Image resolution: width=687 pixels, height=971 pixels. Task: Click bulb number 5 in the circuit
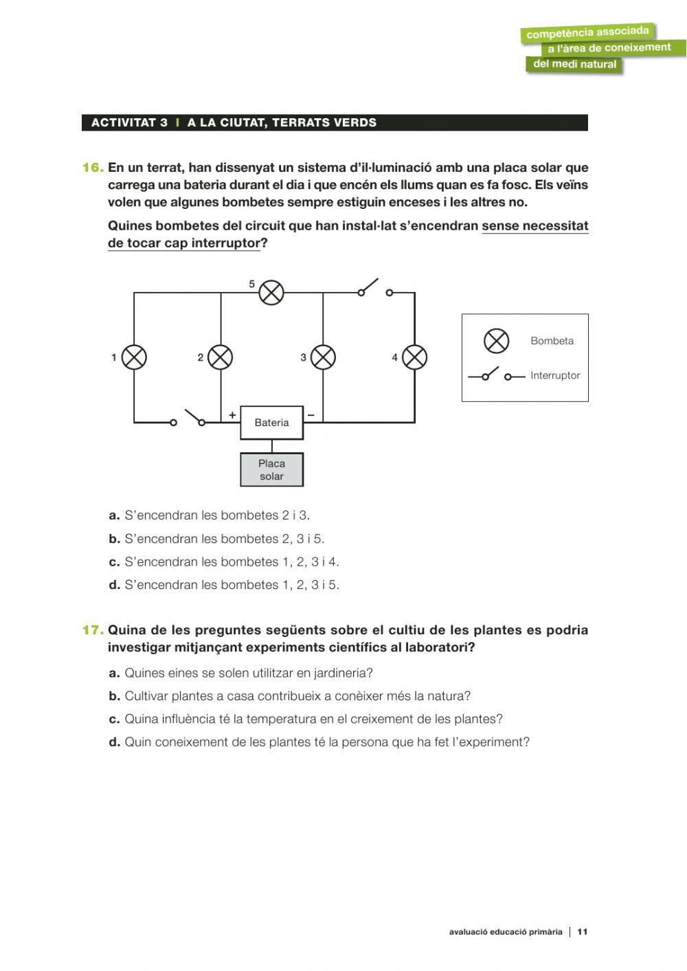271,293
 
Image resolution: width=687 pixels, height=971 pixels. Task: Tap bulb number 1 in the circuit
134,357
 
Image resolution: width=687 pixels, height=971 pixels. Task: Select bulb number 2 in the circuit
221,357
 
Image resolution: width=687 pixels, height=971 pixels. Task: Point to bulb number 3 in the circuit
323,357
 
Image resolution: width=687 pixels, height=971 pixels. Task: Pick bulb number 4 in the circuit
414,357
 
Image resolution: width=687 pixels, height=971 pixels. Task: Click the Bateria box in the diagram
271,423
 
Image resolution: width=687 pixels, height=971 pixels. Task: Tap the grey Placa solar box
271,470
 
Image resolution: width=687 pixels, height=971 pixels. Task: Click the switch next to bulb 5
375,289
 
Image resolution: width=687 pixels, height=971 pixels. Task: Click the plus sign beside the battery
232,415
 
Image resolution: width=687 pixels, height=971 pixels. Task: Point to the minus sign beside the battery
311,415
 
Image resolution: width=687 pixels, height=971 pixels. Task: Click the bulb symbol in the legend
496,341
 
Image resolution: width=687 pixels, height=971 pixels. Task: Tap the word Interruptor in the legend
555,376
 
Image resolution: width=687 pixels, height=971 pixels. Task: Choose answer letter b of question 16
114,539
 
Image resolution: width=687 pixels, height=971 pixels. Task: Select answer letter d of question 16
114,585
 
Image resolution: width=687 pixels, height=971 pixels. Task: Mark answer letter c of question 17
114,719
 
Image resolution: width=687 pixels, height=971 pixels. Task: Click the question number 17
93,630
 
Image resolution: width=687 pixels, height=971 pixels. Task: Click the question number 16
93,168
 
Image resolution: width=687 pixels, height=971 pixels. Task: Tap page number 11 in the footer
583,932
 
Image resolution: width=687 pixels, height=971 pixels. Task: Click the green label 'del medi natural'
574,65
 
